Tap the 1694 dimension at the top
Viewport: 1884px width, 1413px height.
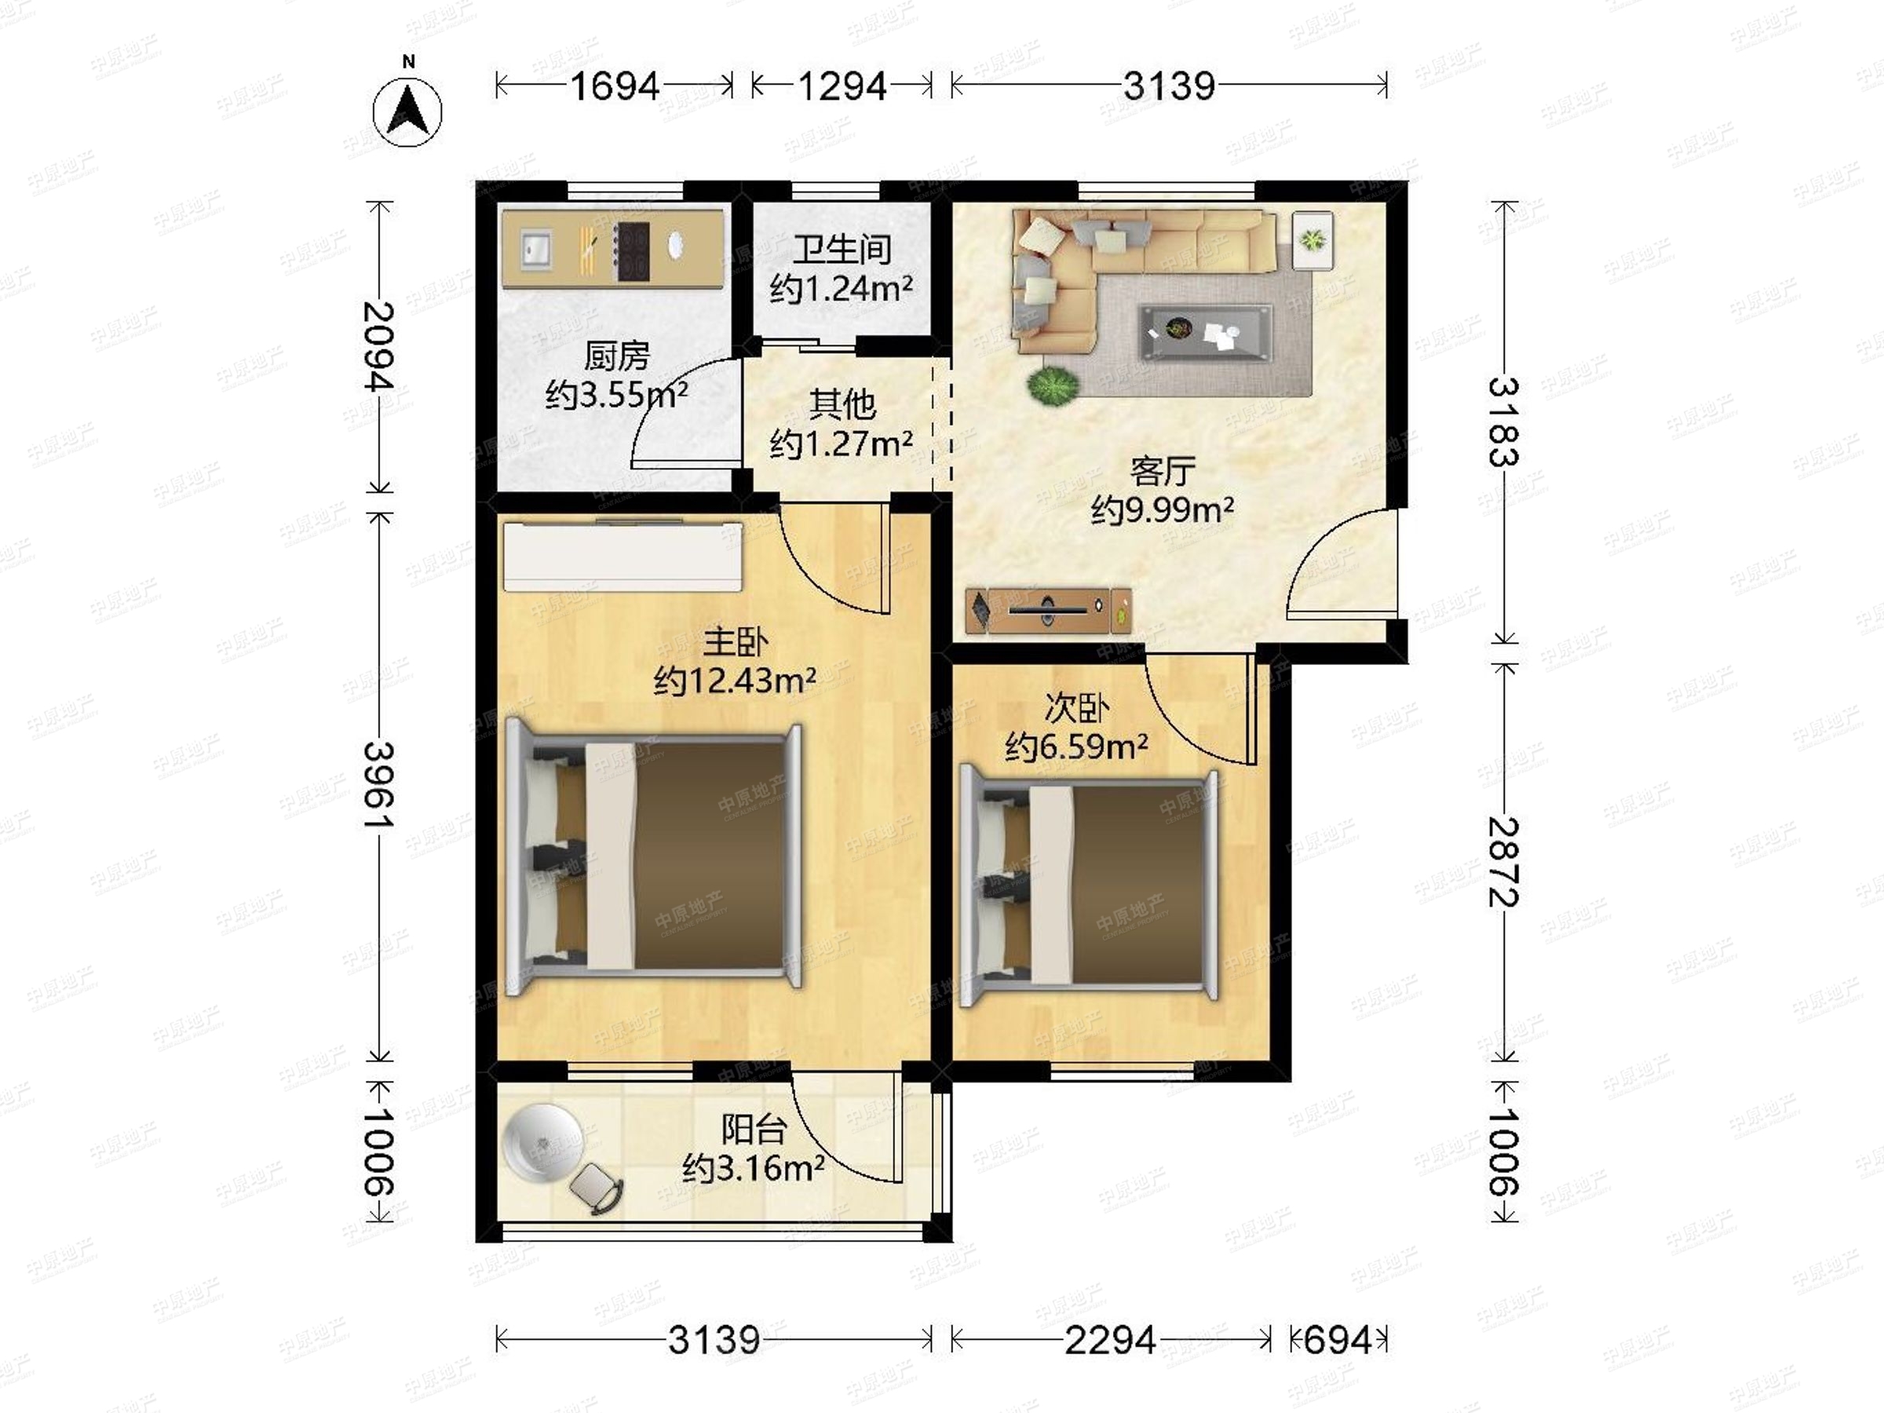point(614,86)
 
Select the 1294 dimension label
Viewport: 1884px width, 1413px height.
point(842,86)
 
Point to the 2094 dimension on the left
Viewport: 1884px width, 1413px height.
point(380,347)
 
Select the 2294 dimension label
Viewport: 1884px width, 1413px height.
point(1111,1340)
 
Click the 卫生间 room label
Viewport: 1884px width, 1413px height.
point(842,250)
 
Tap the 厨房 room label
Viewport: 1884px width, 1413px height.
point(617,356)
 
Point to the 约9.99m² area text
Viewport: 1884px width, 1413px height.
point(1163,509)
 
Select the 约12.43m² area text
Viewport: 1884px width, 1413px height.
point(735,680)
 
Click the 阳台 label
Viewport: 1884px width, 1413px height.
point(754,1130)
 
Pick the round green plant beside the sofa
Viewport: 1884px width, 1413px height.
point(1053,387)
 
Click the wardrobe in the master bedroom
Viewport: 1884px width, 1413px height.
point(623,554)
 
